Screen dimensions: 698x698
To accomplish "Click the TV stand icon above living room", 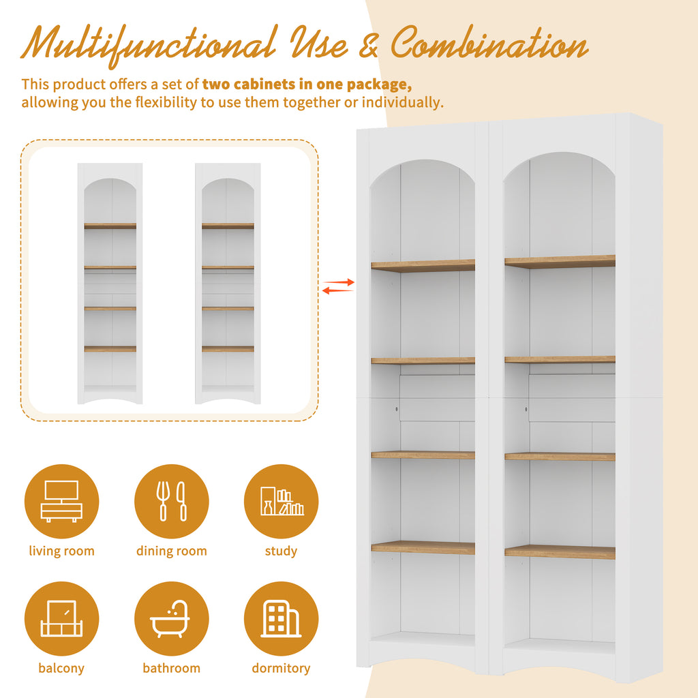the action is pyautogui.click(x=61, y=501).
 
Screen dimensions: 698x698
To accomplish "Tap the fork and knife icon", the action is pyautogui.click(x=171, y=501).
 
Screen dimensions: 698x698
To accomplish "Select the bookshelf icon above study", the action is pyautogui.click(x=282, y=501).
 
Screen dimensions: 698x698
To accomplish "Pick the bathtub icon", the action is pyautogui.click(x=170, y=619).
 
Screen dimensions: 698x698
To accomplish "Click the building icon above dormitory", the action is pyautogui.click(x=281, y=619).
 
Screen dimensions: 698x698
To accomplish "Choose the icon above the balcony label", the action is pyautogui.click(x=61, y=619).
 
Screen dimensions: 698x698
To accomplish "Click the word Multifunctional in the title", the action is pyautogui.click(x=149, y=44).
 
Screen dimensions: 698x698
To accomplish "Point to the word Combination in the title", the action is pyautogui.click(x=489, y=43).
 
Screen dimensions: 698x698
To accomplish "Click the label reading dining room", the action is pyautogui.click(x=171, y=551).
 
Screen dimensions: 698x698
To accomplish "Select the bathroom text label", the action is pyautogui.click(x=171, y=668).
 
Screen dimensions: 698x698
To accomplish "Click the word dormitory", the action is pyautogui.click(x=281, y=668).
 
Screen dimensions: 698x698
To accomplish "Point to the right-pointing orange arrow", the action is pyautogui.click(x=339, y=282).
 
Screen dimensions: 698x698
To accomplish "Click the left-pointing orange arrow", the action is pyautogui.click(x=338, y=290).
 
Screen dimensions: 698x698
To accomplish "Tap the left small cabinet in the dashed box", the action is pyautogui.click(x=110, y=284).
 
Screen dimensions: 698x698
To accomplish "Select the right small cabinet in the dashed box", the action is pyautogui.click(x=228, y=284).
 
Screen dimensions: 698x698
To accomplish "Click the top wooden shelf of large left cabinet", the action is pyautogui.click(x=423, y=266).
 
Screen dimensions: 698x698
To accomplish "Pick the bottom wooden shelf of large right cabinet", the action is pyautogui.click(x=560, y=551).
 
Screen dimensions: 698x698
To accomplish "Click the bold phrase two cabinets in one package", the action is pyautogui.click(x=307, y=84).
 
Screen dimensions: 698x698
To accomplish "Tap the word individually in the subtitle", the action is pyautogui.click(x=402, y=102).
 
